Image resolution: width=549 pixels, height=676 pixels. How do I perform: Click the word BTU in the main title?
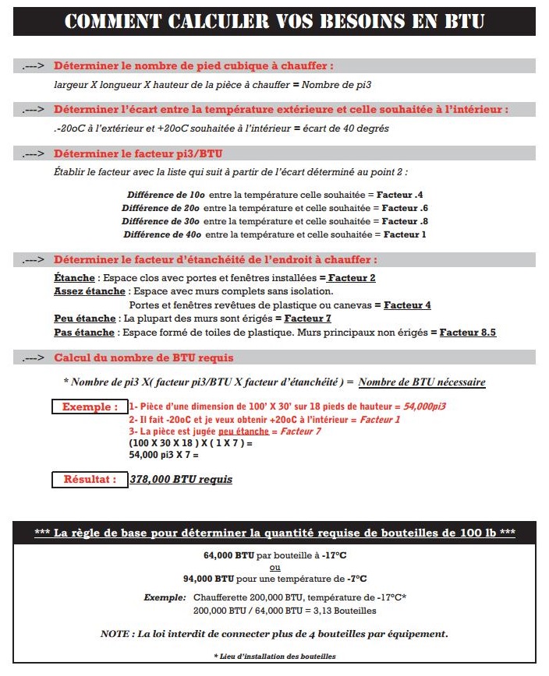465,20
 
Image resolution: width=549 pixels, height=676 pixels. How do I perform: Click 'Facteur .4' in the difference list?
402,194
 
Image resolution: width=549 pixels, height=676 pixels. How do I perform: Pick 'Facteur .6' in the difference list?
405,208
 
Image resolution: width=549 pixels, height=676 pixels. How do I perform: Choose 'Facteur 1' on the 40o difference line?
405,234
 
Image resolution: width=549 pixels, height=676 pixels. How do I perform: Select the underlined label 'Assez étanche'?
90,291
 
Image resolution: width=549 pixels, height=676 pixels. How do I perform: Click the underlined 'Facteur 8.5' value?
468,333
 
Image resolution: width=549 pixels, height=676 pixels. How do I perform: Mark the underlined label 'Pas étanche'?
84,333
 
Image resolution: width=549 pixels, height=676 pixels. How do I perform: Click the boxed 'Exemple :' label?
90,407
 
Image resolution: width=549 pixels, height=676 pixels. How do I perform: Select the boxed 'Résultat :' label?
90,480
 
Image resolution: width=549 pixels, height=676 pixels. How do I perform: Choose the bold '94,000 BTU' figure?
210,579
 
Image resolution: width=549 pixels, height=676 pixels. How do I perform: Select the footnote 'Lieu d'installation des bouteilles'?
274,657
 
